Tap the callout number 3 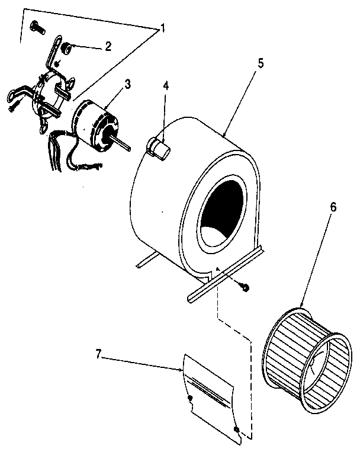[127, 84]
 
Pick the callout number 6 [333, 208]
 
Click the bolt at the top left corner [38, 28]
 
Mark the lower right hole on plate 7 [237, 428]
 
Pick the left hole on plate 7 [189, 399]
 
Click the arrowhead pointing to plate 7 [181, 369]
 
